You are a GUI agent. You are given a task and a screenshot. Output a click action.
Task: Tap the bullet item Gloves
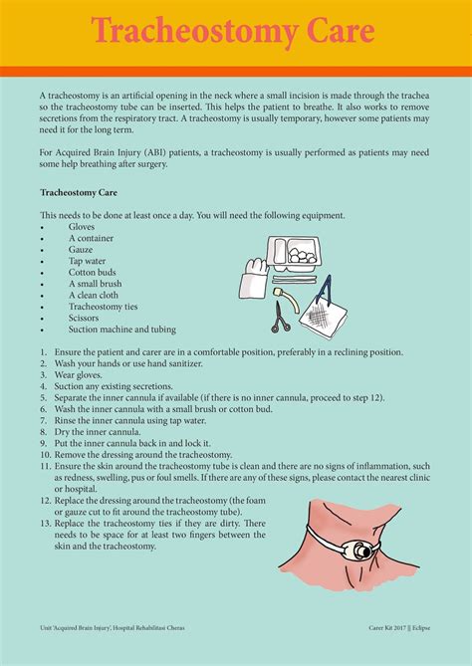[x=82, y=227]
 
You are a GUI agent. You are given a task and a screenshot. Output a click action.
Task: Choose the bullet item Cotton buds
[x=93, y=272]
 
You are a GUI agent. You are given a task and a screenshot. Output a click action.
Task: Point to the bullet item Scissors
[x=86, y=318]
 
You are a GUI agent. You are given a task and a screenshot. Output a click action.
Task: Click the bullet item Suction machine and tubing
[x=121, y=330]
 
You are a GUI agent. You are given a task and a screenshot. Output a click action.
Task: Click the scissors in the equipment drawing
[x=282, y=317]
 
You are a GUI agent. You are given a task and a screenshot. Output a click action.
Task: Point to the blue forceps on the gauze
[x=325, y=296]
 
